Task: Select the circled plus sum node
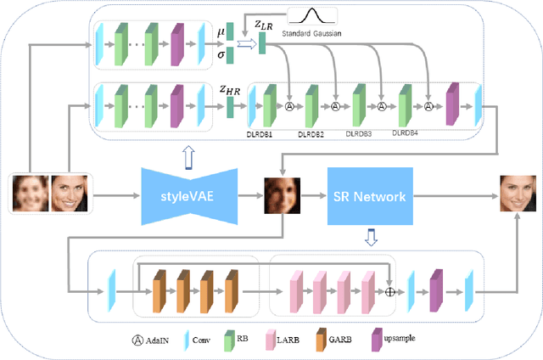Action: tap(389, 292)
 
